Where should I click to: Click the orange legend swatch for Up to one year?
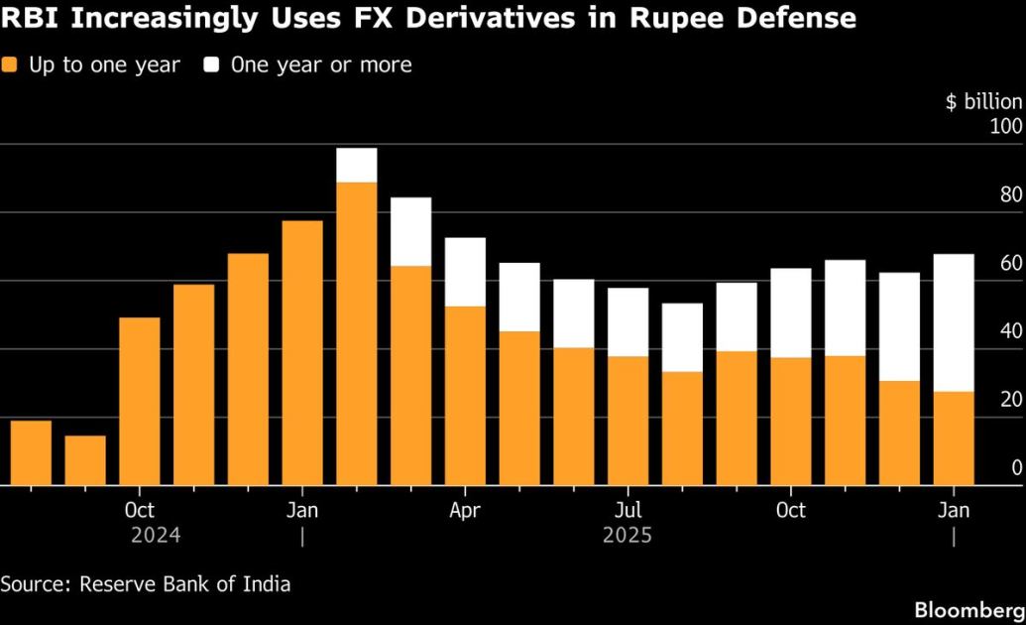point(12,65)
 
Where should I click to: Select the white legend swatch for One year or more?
point(212,65)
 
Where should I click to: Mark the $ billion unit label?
point(983,102)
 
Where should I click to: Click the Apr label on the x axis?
point(465,511)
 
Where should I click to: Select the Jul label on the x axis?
point(627,511)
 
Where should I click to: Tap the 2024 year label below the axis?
point(156,536)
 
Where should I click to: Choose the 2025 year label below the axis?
point(627,536)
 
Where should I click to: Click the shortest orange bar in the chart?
point(85,460)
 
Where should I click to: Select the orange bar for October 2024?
point(139,402)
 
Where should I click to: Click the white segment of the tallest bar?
point(357,165)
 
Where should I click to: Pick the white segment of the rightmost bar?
point(954,322)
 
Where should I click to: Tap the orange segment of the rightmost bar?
point(954,438)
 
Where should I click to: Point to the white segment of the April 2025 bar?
point(465,272)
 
